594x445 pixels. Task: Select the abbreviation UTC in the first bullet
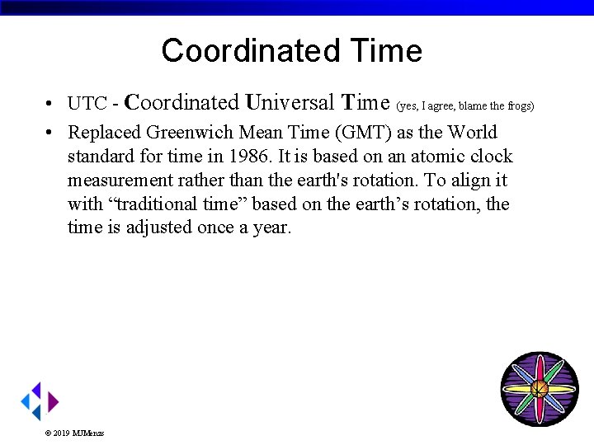pos(87,104)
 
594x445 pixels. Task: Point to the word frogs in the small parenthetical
pos(520,105)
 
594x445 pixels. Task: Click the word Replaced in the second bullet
pos(104,133)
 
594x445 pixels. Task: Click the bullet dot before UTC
pos(51,105)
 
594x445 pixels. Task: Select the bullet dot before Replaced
pos(51,133)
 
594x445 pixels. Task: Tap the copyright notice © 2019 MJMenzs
pos(74,433)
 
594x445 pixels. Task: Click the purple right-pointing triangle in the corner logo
pos(53,401)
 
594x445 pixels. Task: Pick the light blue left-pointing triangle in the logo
pos(26,401)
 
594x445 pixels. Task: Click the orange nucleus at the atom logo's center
pos(539,388)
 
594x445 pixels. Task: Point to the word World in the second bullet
pos(473,133)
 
